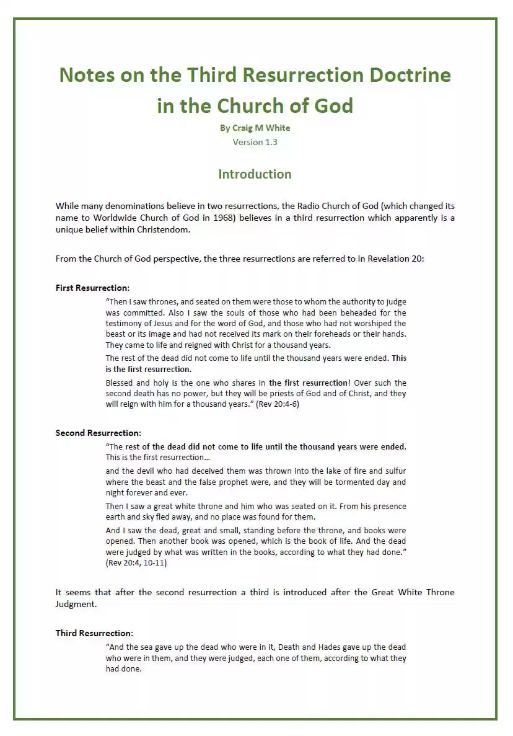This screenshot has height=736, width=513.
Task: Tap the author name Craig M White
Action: pyautogui.click(x=255, y=128)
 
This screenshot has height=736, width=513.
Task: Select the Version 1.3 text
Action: pyautogui.click(x=255, y=142)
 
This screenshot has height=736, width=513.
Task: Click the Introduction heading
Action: pyautogui.click(x=255, y=174)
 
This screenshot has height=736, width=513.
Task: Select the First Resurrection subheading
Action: pyautogui.click(x=92, y=288)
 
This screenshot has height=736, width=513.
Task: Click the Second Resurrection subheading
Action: pyautogui.click(x=98, y=433)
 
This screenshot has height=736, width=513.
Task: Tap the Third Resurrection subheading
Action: pyautogui.click(x=94, y=633)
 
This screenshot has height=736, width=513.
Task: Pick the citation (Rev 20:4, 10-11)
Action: pyautogui.click(x=136, y=564)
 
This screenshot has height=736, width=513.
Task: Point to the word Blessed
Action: pyautogui.click(x=121, y=383)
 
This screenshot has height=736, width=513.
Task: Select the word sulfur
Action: pyautogui.click(x=395, y=471)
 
